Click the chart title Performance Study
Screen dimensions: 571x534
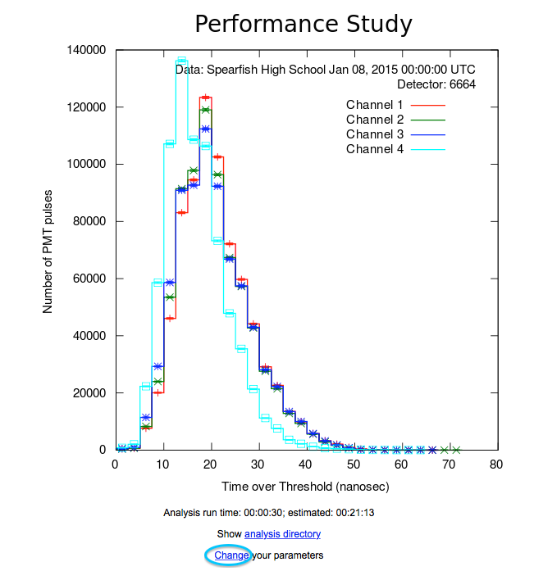tap(303, 24)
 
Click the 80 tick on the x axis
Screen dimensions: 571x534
tap(495, 465)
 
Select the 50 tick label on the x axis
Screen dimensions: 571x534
tap(353, 465)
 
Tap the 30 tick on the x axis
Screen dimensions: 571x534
tap(258, 465)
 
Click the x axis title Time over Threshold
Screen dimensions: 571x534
tap(304, 487)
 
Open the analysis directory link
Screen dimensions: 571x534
tap(282, 534)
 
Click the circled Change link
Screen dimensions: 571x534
tap(230, 555)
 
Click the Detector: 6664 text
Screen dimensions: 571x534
tap(436, 84)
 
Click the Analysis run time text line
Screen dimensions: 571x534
tap(269, 513)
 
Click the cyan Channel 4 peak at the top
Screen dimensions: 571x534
tap(181, 60)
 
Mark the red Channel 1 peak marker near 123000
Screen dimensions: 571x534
tap(205, 97)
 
